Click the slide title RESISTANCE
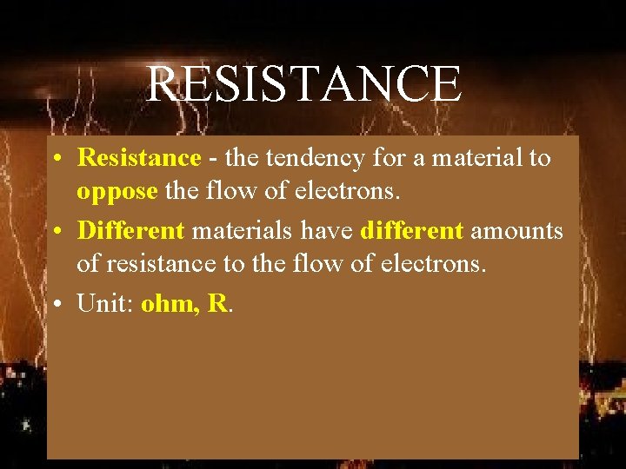click(303, 84)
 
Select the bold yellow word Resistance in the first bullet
click(138, 158)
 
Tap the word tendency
click(304, 158)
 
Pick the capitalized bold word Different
click(130, 231)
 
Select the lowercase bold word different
click(411, 231)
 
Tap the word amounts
click(517, 231)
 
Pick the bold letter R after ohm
click(217, 304)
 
